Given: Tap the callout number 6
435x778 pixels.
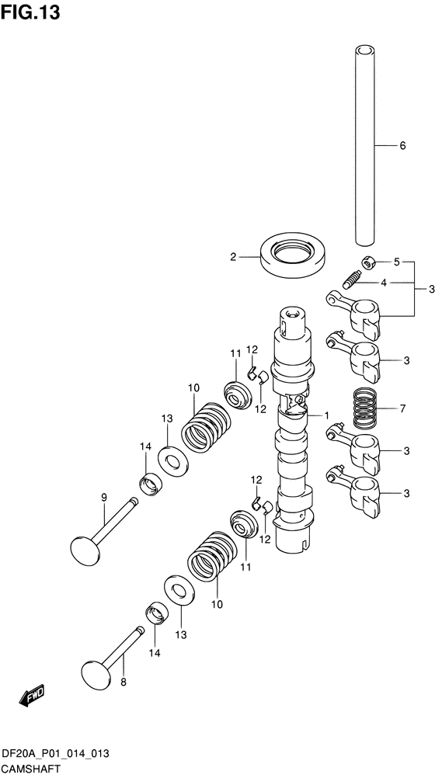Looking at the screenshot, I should click(x=402, y=145).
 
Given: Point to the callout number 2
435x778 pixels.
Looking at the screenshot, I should click(x=232, y=256).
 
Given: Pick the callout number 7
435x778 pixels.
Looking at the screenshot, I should click(x=402, y=407).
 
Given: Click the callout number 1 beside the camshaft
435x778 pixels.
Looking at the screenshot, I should click(x=327, y=415).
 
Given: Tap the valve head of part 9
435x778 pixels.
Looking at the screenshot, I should click(x=85, y=550).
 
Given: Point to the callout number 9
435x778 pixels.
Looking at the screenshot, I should click(x=103, y=497).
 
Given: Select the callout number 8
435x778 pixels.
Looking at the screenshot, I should click(x=122, y=682).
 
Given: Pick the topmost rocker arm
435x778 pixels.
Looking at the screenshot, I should click(x=357, y=312).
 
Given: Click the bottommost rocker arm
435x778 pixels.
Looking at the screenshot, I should click(x=357, y=488).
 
